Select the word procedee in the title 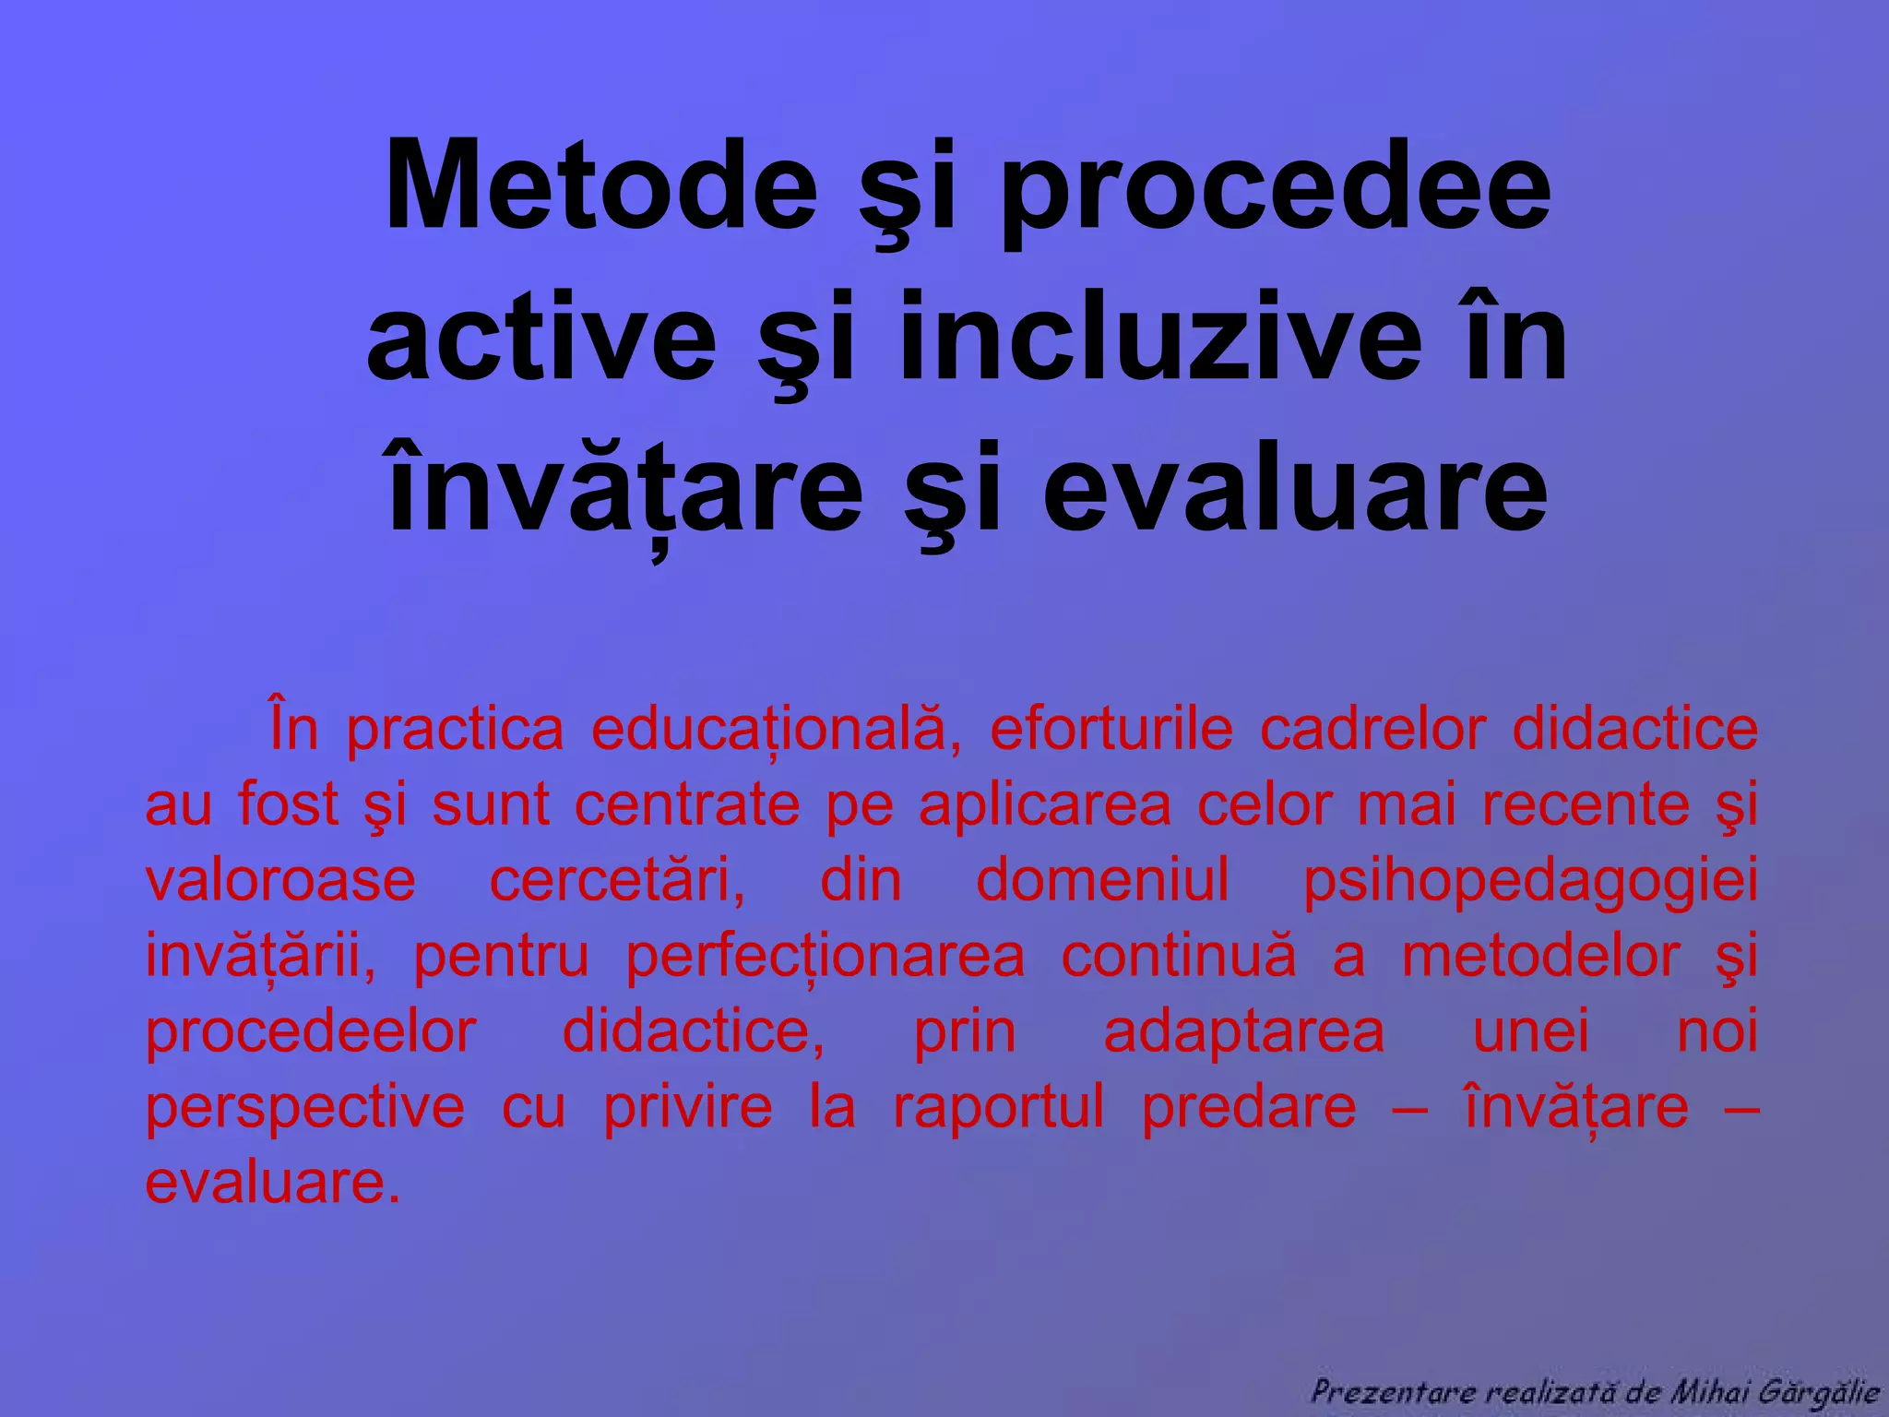pyautogui.click(x=1276, y=187)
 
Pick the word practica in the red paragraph pyautogui.click(x=455, y=730)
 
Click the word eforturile pyautogui.click(x=1111, y=730)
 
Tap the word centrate pyautogui.click(x=687, y=805)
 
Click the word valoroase pyautogui.click(x=280, y=880)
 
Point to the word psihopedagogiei pyautogui.click(x=1530, y=882)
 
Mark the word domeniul pyautogui.click(x=1102, y=880)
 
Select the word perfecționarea pyautogui.click(x=826, y=958)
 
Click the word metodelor pyautogui.click(x=1540, y=956)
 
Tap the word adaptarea pyautogui.click(x=1244, y=1033)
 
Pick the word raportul pyautogui.click(x=998, y=1108)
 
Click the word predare pyautogui.click(x=1249, y=1108)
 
